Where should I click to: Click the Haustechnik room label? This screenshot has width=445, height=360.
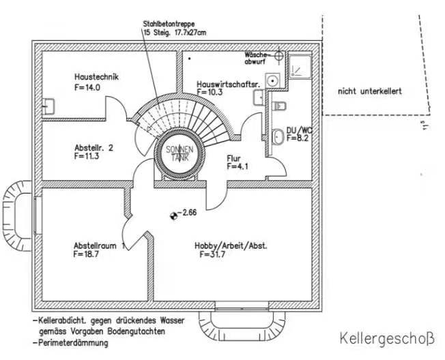96,77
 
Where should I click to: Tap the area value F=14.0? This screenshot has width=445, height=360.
87,88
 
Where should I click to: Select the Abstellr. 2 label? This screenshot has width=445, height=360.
94,147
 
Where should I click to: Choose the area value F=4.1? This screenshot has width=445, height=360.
240,166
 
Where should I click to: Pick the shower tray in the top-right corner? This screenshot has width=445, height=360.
300,66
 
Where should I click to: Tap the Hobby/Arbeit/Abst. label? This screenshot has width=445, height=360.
229,245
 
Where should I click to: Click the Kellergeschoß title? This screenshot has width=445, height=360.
386,337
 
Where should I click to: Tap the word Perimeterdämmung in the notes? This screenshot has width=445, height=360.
72,344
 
